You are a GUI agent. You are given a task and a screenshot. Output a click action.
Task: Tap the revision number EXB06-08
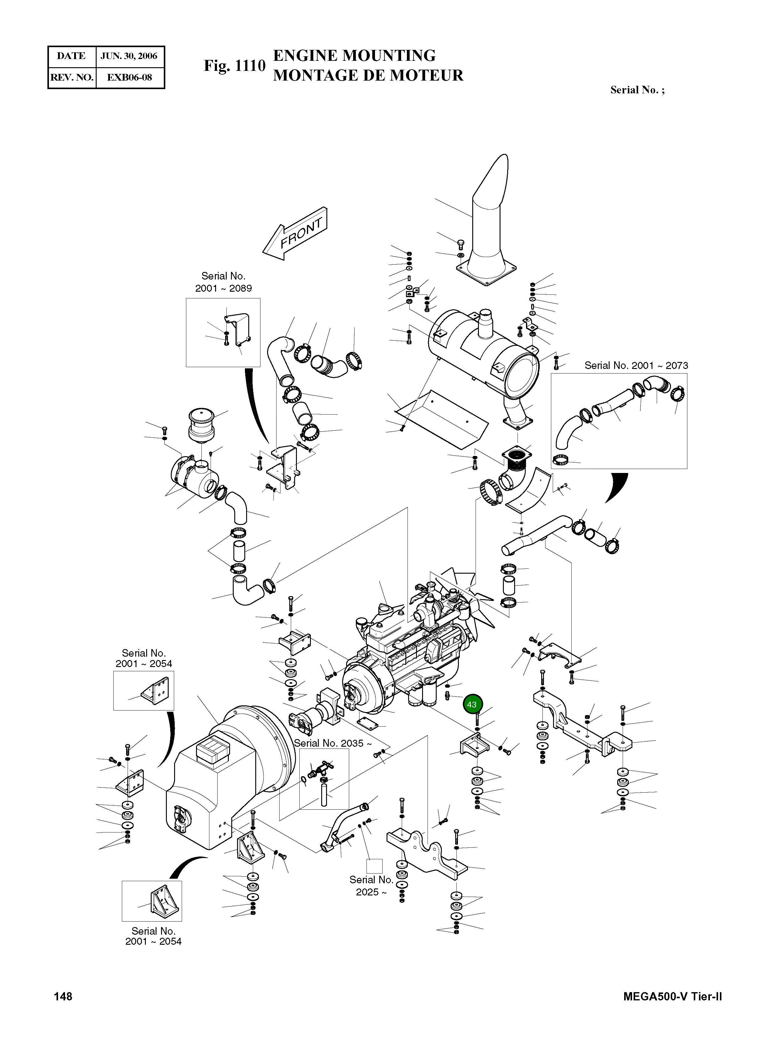click(129, 78)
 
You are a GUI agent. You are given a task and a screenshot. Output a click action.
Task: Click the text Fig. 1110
click(235, 66)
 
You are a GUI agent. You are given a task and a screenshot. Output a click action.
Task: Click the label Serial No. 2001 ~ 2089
click(223, 282)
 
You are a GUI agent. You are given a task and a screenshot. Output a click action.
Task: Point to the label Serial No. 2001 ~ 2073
click(636, 365)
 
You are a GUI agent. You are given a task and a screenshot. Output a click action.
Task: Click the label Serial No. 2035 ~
click(332, 743)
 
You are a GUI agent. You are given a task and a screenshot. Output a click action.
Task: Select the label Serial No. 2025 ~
click(371, 886)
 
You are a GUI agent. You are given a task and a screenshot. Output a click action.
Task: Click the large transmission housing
click(223, 781)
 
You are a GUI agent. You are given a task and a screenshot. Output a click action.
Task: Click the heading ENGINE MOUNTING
click(354, 56)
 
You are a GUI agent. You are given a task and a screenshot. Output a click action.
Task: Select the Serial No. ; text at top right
click(637, 90)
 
